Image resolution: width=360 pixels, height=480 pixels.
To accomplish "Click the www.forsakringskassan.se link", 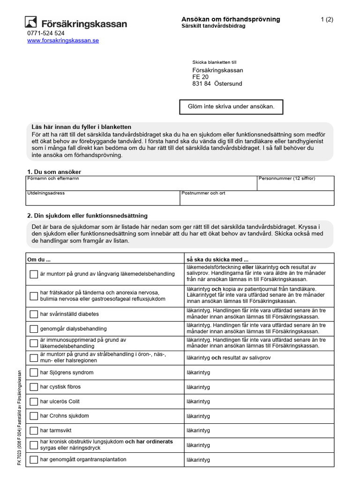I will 63,41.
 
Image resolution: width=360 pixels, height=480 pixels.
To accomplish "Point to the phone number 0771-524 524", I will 46,33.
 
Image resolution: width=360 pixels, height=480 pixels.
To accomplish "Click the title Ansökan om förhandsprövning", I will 231,19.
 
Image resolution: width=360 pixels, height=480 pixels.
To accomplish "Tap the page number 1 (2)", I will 327,19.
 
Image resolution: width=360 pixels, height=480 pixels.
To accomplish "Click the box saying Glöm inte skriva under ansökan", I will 232,107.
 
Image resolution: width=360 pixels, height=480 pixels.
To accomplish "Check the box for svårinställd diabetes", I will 33,314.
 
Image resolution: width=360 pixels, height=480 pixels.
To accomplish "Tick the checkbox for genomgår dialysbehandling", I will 33,329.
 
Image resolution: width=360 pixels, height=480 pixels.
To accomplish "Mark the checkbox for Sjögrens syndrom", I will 33,373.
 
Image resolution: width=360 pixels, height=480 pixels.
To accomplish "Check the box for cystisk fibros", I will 33,387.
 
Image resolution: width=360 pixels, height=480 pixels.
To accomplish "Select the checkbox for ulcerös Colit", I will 33,402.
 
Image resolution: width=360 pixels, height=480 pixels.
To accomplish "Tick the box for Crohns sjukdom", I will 33,416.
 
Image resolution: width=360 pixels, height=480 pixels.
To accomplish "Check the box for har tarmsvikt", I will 33,430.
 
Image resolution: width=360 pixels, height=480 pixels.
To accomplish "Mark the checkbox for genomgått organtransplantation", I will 33,460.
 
